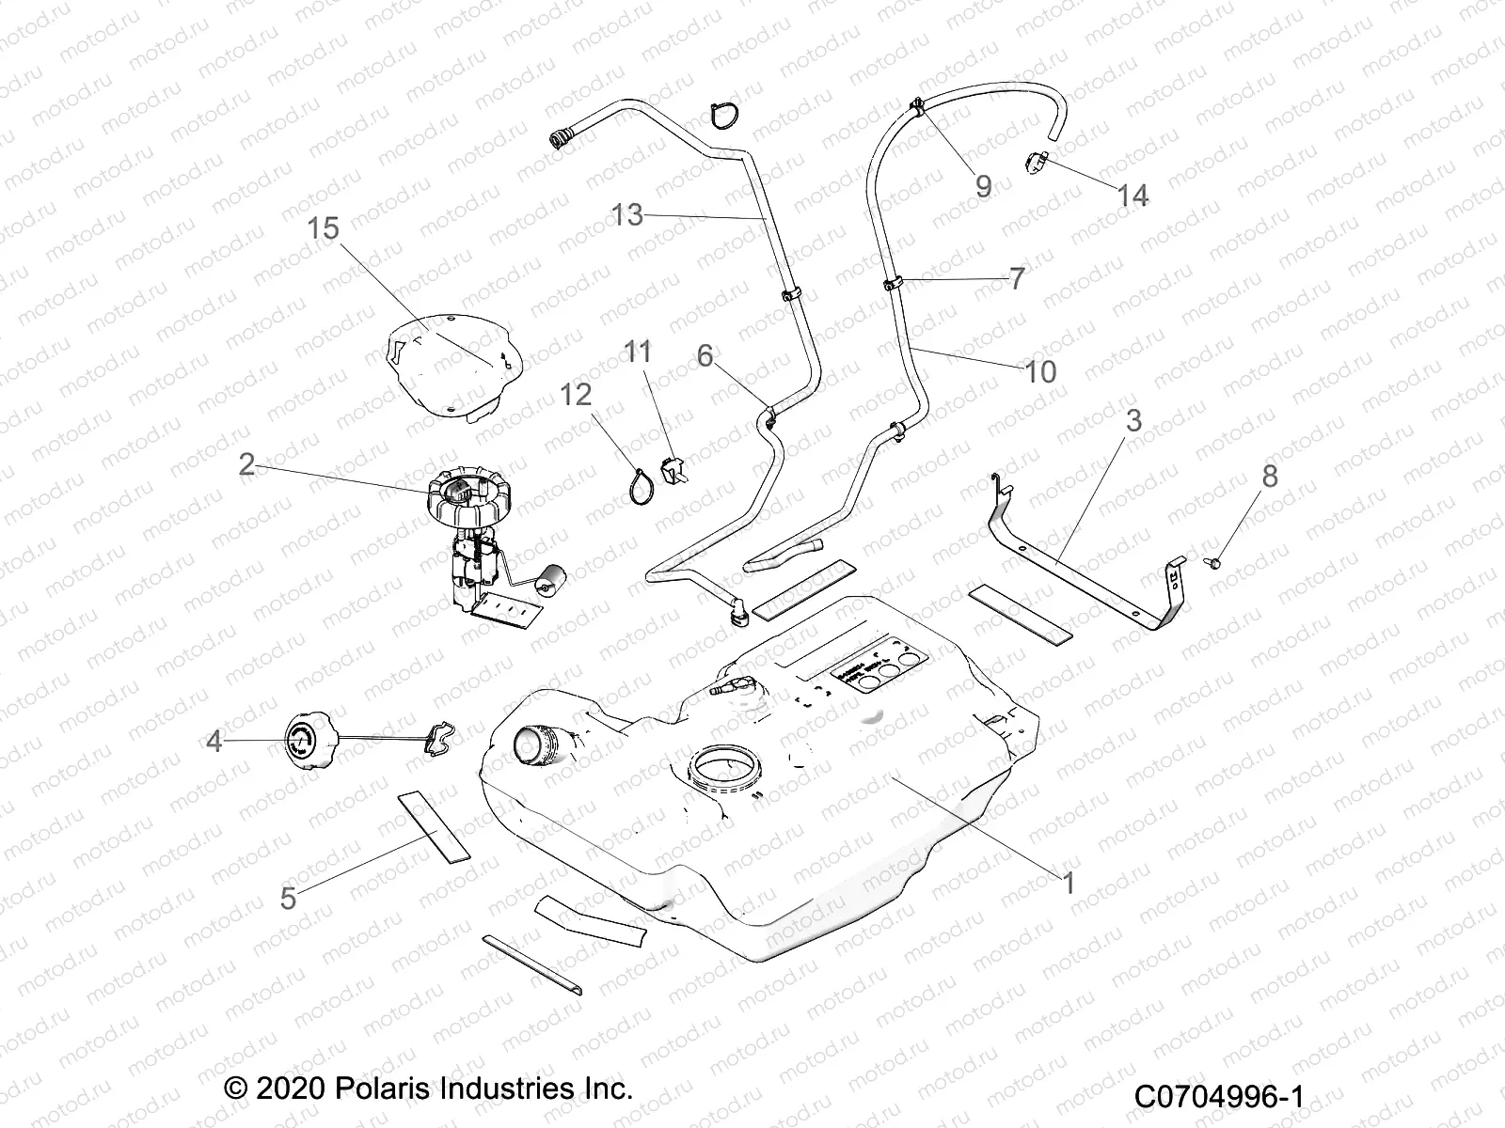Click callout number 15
(323, 228)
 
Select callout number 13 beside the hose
(627, 214)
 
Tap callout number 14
(1133, 196)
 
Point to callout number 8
(1270, 477)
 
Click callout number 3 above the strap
(1133, 420)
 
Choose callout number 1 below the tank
(1068, 883)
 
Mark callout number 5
(289, 898)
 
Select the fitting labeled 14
(1038, 163)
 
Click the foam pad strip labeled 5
(434, 826)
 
